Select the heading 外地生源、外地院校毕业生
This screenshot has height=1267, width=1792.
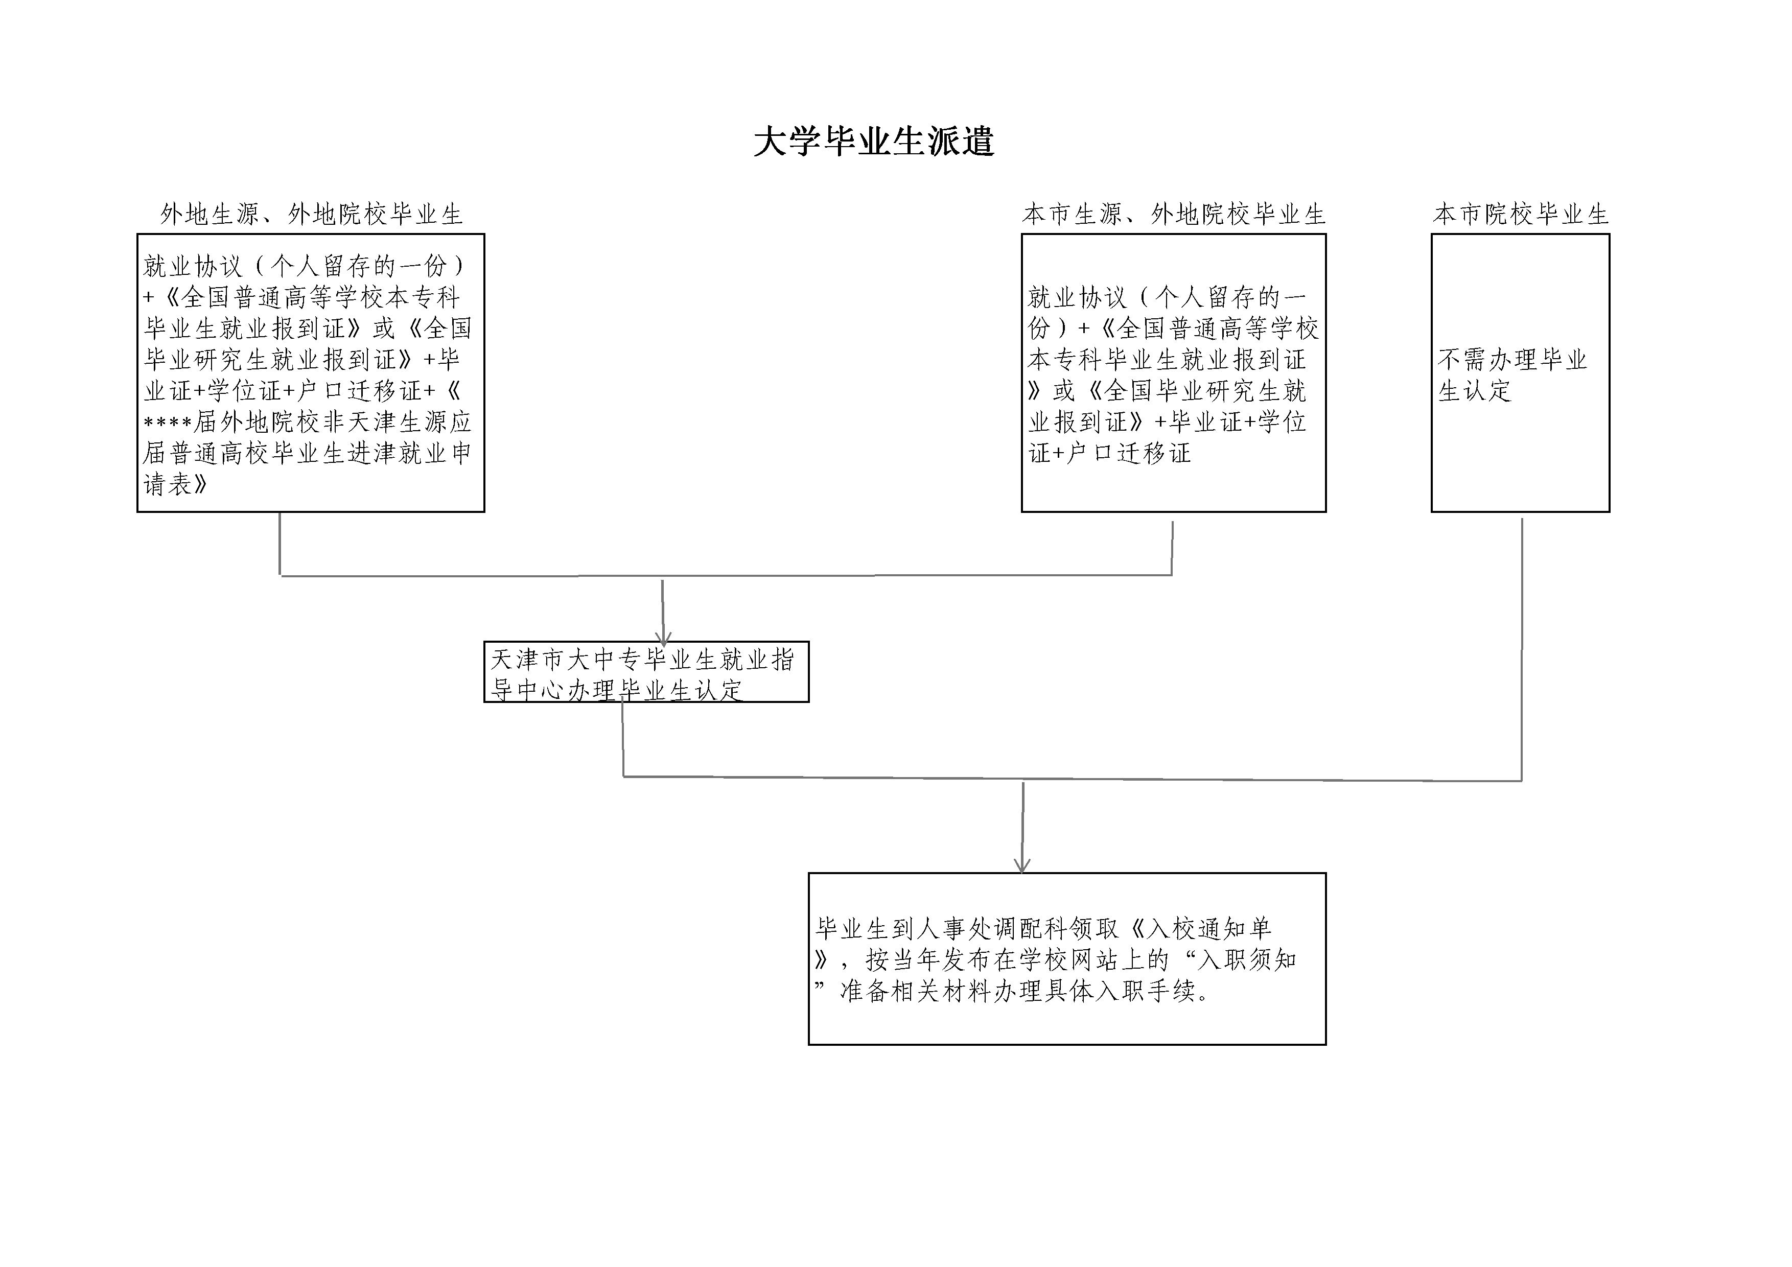click(311, 214)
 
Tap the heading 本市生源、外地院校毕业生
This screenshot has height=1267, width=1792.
click(1174, 214)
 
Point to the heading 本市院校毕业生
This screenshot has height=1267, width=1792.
click(1520, 214)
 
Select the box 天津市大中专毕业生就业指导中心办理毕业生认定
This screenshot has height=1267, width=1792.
click(646, 672)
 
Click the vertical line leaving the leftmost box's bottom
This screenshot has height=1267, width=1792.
click(280, 544)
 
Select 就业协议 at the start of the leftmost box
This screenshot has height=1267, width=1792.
click(193, 266)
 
